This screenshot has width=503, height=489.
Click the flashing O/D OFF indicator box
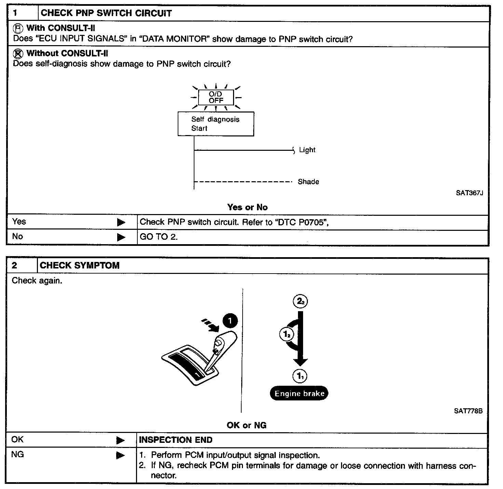coord(216,97)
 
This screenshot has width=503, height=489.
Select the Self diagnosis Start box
coord(216,124)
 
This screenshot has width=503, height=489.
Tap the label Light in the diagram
coord(307,150)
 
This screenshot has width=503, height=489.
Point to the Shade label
coord(308,182)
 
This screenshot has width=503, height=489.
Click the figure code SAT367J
coord(469,193)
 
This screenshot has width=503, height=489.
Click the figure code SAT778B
coord(468,411)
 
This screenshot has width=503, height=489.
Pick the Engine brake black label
coord(299,393)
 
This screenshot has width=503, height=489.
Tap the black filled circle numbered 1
coord(230,321)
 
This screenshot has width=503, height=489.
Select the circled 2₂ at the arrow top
coord(300,301)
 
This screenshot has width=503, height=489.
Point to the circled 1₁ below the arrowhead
coord(300,376)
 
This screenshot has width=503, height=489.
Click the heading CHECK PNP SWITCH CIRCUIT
coord(106,13)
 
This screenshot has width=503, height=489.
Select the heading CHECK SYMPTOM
coord(80,265)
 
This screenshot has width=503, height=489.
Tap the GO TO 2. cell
coord(159,237)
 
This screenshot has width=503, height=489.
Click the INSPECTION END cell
coord(176,440)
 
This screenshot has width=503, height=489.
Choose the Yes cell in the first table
coord(19,222)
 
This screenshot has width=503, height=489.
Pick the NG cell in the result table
coord(18,455)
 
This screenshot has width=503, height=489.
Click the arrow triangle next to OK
coord(120,440)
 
